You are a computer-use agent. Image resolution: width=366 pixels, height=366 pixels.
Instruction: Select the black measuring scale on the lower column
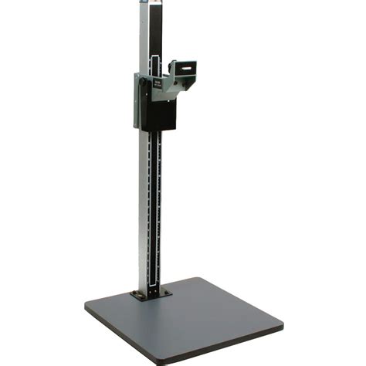[x=158, y=208]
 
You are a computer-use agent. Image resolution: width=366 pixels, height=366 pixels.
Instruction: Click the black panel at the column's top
[x=158, y=27]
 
